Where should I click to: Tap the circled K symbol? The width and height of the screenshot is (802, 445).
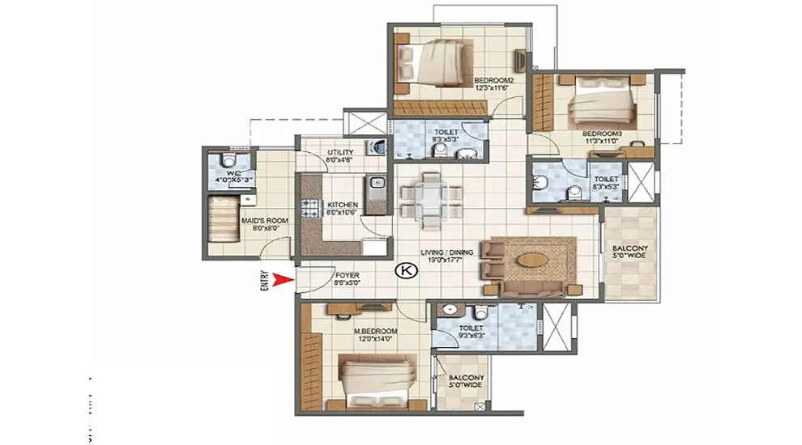pos(403,273)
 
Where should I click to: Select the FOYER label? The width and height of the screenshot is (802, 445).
pos(347,276)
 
